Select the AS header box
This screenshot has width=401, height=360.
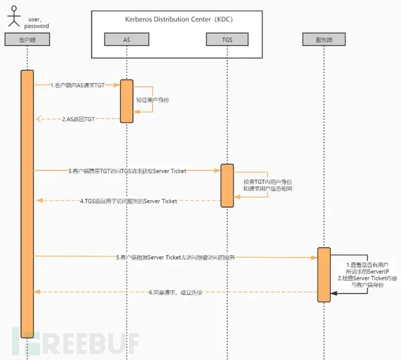(x=126, y=40)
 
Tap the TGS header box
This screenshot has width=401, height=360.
(x=227, y=40)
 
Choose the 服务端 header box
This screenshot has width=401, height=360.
(x=323, y=40)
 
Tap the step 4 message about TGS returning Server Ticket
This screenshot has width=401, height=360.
(x=128, y=201)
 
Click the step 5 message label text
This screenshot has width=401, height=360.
(x=175, y=256)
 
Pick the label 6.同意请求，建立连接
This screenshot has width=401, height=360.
(x=176, y=292)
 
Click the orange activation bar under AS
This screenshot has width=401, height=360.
(x=126, y=101)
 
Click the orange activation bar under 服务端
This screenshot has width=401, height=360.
(x=323, y=274)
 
